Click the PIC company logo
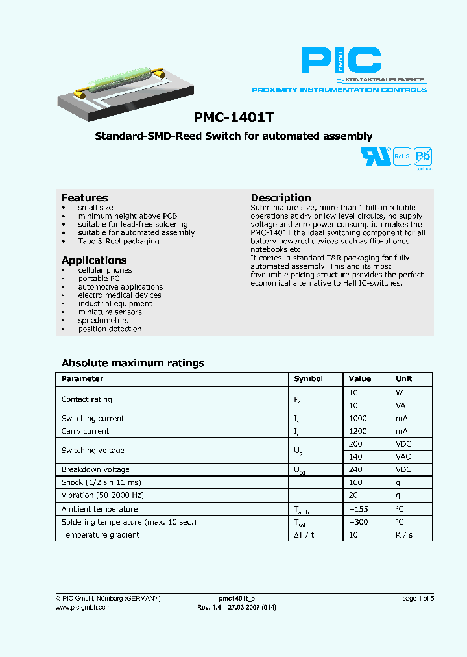point(341,60)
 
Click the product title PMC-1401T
point(233,118)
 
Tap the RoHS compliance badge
point(402,156)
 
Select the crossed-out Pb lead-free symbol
point(423,156)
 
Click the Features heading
point(84,197)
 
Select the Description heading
point(281,197)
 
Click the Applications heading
point(94,260)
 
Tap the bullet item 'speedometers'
point(103,320)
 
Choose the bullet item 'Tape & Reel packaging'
point(118,241)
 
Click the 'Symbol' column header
point(308,378)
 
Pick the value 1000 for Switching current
point(357,418)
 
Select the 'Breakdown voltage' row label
point(95,469)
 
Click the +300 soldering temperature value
point(359,522)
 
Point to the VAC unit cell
point(403,456)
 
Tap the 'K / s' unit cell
point(404,534)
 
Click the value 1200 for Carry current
point(357,431)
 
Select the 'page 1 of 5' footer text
point(418,599)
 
